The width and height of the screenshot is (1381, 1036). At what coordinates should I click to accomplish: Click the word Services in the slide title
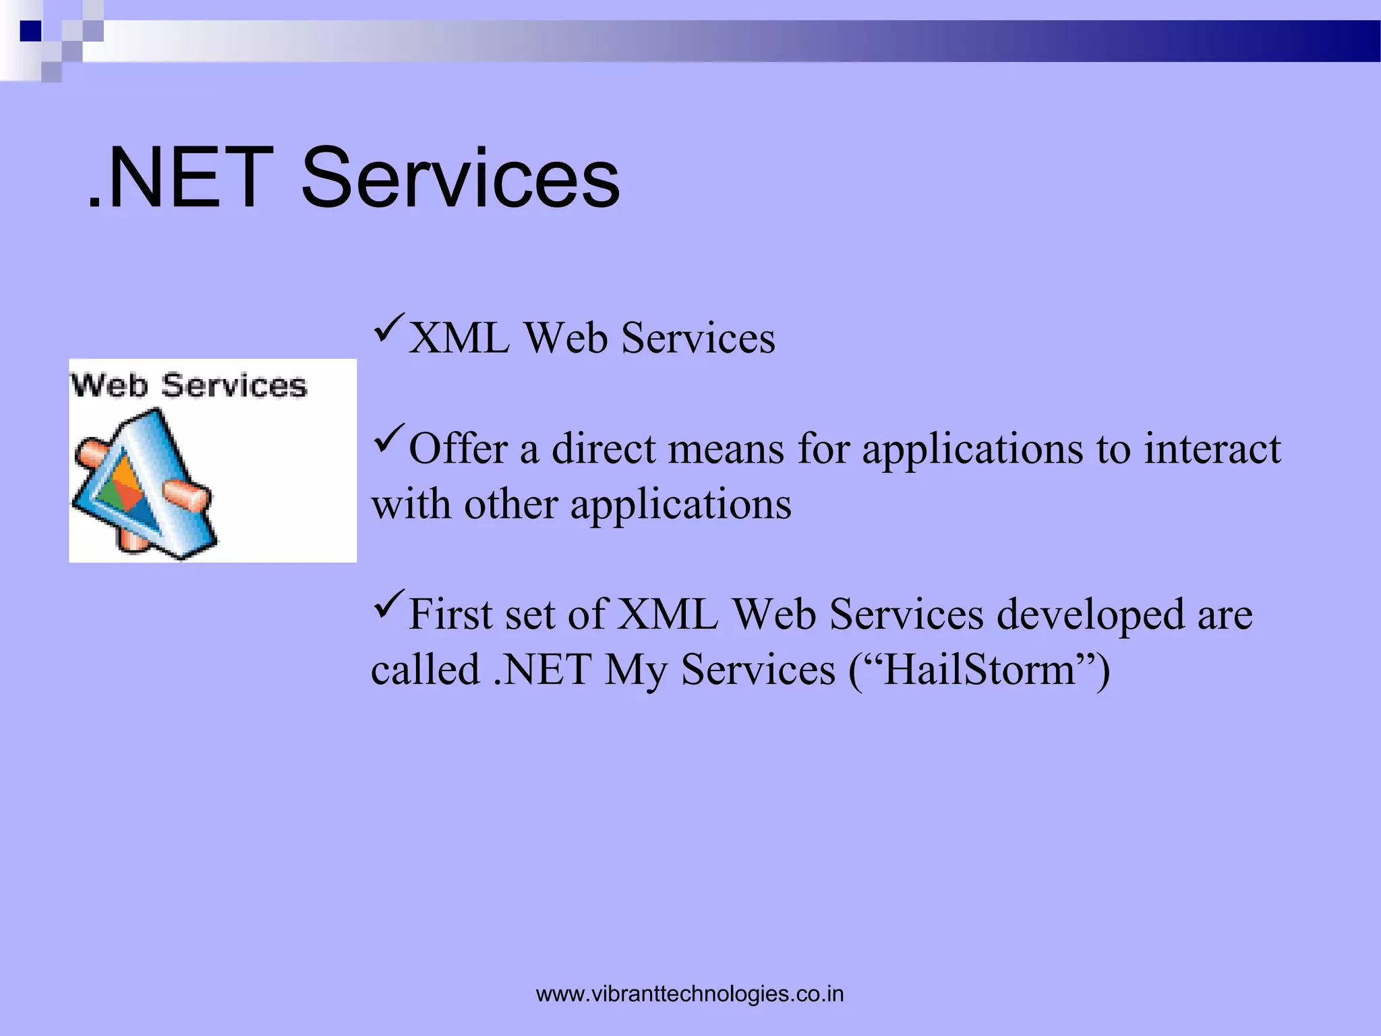pos(460,178)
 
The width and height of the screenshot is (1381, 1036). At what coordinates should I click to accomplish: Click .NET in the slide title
pos(181,178)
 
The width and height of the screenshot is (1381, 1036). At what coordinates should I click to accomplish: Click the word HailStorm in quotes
pos(979,670)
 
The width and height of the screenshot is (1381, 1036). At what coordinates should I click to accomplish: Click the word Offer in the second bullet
pos(458,449)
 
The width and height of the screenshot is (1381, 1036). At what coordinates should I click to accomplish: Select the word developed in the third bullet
pos(1090,615)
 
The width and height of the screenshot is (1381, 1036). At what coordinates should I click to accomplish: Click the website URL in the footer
pos(690,994)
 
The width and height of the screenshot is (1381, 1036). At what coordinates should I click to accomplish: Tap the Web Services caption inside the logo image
pos(189,386)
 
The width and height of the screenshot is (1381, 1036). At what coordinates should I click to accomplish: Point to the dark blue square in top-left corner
pos(30,31)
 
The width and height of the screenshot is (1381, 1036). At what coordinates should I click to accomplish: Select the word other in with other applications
pos(510,505)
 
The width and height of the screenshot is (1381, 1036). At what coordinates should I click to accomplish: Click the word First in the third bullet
pos(450,615)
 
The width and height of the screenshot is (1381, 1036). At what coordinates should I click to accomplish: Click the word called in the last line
pos(425,670)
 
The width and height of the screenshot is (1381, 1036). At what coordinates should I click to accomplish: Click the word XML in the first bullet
pos(459,338)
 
